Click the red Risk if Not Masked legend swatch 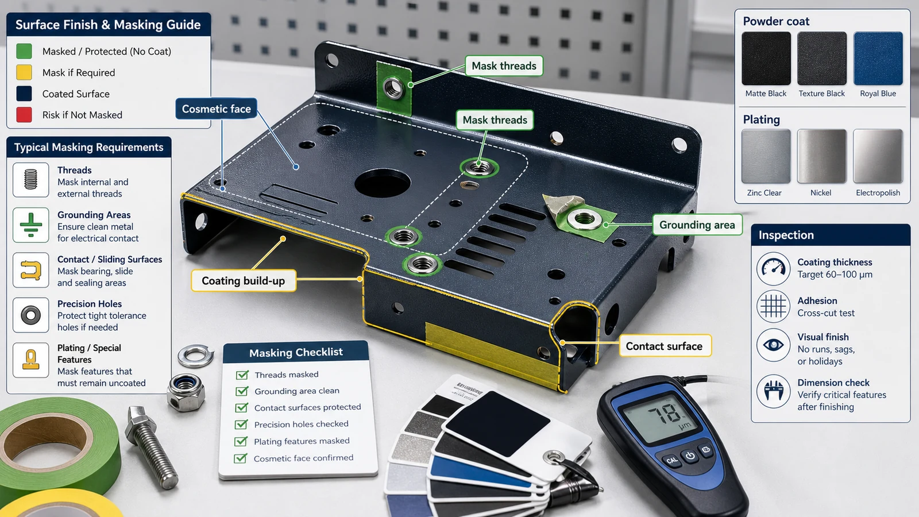point(24,115)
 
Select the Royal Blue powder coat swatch point(878,58)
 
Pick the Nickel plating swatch point(821,156)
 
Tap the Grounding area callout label point(697,225)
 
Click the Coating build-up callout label point(244,281)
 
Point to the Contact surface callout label point(664,346)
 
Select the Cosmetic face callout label point(216,109)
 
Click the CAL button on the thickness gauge point(672,460)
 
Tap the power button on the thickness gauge point(690,456)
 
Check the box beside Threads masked point(242,375)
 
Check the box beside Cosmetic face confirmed point(241,458)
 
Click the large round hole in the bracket point(383,183)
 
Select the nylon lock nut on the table point(186,392)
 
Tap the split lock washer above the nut point(196,356)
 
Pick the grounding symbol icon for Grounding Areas point(31,225)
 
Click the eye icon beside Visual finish point(773,345)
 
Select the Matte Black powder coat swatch point(766,58)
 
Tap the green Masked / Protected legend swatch point(24,51)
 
